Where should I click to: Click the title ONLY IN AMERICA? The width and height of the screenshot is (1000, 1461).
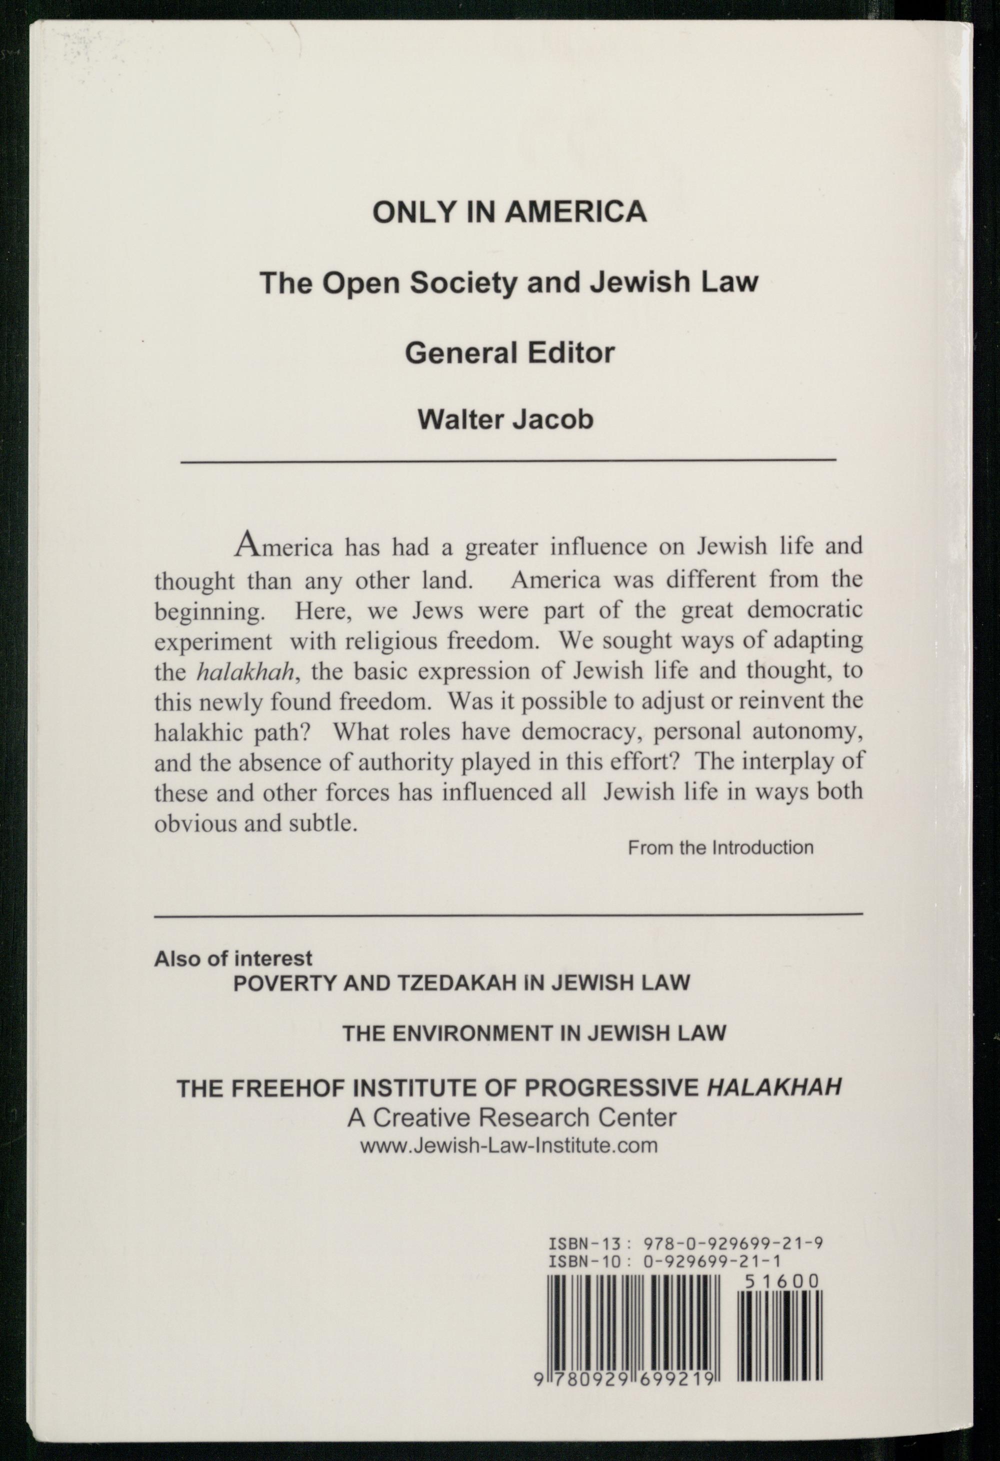[509, 212]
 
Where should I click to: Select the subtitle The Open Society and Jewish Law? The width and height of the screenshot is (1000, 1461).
[509, 283]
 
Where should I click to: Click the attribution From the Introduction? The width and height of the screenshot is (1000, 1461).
[720, 848]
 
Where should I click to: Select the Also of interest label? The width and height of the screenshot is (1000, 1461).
[233, 958]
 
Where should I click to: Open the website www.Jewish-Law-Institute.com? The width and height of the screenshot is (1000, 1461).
[509, 1145]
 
